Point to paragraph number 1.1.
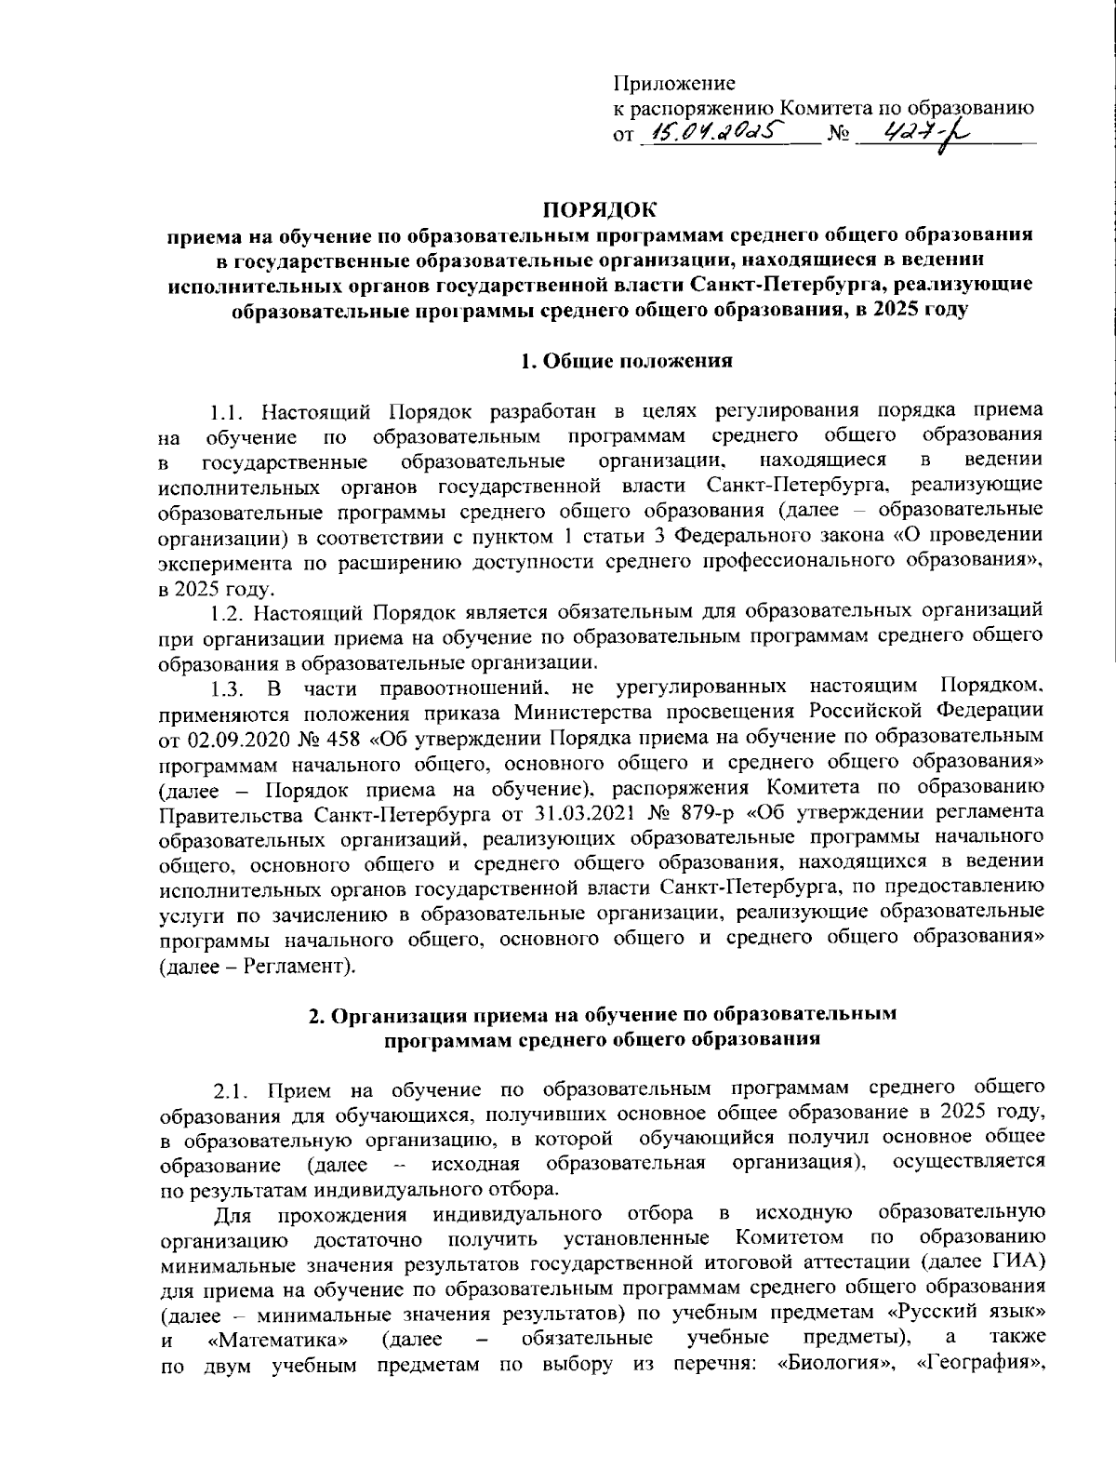coord(230,410)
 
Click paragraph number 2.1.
coord(232,1088)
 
